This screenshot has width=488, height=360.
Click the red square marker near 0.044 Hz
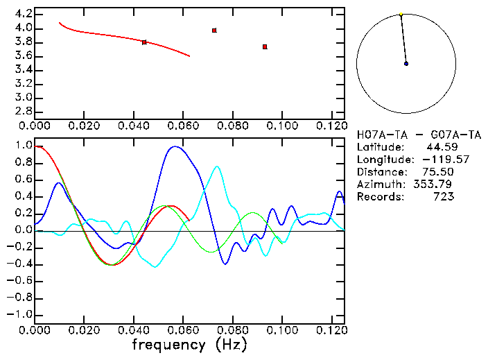(x=144, y=42)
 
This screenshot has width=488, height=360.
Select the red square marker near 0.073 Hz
(x=214, y=31)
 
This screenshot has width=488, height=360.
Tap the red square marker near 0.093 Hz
(x=265, y=46)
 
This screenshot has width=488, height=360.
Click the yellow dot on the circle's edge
(x=401, y=14)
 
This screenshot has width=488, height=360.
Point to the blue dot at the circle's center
(x=406, y=64)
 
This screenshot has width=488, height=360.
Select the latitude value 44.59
(x=441, y=147)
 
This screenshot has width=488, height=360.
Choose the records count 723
(x=444, y=197)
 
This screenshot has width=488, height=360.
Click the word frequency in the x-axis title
(x=168, y=345)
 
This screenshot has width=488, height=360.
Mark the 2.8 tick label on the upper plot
(x=24, y=111)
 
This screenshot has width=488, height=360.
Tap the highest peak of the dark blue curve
(x=176, y=146)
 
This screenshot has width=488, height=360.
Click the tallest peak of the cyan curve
(x=217, y=166)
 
